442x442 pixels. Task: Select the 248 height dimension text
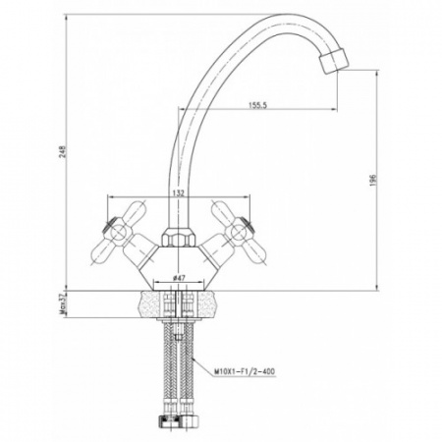click(x=62, y=151)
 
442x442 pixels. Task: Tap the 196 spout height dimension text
click(x=373, y=181)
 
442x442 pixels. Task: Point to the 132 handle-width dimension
click(x=179, y=193)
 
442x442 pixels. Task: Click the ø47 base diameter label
click(x=179, y=278)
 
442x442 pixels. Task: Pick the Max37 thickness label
click(x=63, y=304)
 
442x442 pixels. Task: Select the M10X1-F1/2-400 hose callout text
click(x=245, y=371)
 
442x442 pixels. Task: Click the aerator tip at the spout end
click(x=333, y=61)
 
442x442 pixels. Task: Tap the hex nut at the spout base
click(x=179, y=238)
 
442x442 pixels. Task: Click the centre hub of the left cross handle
click(x=117, y=233)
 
